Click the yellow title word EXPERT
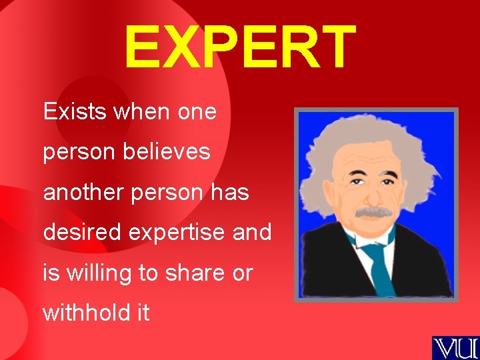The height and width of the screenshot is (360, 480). coord(240,48)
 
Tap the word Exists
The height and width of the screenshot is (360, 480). coord(75,111)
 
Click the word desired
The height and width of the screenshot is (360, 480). coord(83,233)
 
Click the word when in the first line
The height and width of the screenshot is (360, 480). coord(143,111)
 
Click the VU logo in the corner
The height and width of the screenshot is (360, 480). coord(455,347)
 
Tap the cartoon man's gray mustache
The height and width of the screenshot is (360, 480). coord(373,213)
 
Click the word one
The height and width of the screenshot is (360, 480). coord(197,112)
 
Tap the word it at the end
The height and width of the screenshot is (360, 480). coord(143,313)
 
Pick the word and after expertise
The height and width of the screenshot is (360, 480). coord(253,233)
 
